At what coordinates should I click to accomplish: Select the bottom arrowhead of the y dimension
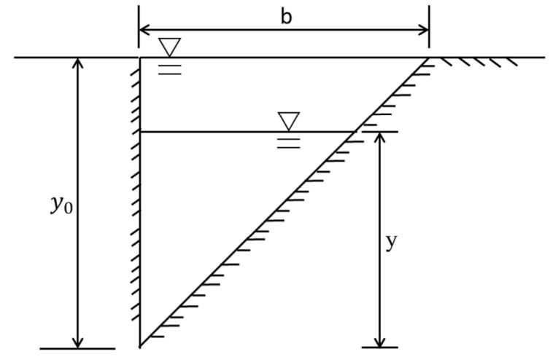(379, 343)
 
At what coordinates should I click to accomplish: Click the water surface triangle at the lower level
(289, 121)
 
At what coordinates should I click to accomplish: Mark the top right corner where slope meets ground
(428, 58)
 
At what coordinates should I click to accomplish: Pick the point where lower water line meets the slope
(353, 132)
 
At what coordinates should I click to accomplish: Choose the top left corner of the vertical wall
(139, 58)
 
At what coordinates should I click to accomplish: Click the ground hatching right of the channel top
(479, 62)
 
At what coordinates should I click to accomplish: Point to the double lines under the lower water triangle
(289, 143)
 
